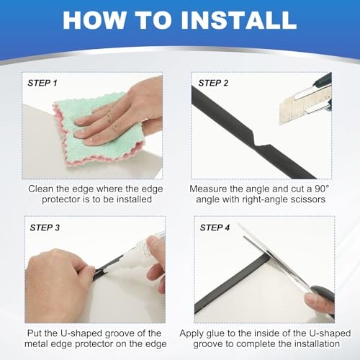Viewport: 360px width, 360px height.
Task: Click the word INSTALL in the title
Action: [x=239, y=20]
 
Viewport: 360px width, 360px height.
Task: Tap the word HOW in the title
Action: [x=95, y=20]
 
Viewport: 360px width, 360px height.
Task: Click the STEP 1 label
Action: [x=42, y=83]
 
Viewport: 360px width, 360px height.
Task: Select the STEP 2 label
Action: [x=213, y=83]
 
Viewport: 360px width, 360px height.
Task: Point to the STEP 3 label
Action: [x=45, y=228]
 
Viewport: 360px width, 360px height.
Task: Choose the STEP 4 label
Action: [x=215, y=228]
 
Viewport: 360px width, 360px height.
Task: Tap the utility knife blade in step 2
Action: [x=300, y=108]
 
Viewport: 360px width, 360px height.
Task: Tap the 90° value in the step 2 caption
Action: [x=322, y=189]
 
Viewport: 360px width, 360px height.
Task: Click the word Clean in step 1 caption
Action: [x=41, y=189]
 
